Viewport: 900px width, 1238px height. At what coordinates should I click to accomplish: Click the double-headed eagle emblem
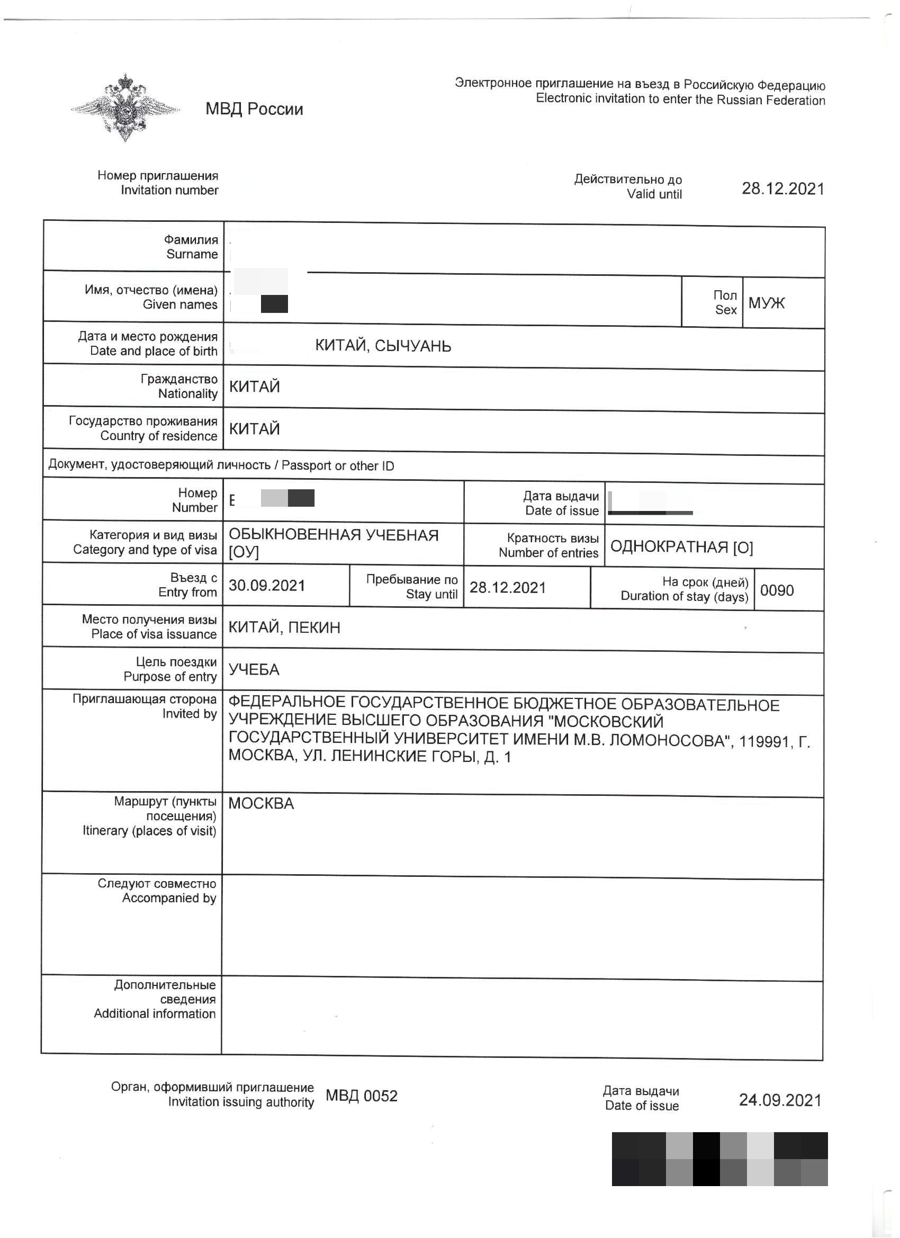coord(125,107)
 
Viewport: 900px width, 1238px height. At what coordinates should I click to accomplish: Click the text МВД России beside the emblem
coord(254,109)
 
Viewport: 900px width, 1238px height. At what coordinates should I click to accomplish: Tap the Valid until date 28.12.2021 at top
coord(782,189)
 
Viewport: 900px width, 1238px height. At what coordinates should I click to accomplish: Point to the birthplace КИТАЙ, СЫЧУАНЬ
coord(383,346)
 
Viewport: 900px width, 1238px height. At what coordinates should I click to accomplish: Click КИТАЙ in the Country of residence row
coord(254,428)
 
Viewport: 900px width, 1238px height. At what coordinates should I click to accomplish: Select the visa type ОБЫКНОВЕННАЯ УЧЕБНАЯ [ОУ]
coord(333,543)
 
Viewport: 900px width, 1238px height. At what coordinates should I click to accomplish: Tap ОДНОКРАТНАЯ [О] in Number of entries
coord(681,547)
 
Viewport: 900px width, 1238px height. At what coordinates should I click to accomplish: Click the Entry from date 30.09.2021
coord(266,585)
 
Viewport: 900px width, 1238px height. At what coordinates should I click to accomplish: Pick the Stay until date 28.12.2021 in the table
coord(508,587)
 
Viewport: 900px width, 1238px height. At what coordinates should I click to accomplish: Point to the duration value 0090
coord(777,590)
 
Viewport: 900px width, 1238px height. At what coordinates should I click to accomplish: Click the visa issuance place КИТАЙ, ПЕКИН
coord(284,627)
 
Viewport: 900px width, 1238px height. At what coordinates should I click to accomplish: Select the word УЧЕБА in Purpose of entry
coord(254,669)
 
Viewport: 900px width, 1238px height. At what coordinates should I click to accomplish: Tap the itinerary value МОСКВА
coord(261,803)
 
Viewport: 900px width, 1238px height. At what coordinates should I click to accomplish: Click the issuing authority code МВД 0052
coord(361,1096)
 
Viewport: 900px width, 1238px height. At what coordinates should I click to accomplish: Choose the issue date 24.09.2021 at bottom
coord(780,1100)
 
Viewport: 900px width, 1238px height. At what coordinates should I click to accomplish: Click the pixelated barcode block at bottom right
coord(719,1159)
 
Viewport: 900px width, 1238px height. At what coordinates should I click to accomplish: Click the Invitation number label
coord(158,182)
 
